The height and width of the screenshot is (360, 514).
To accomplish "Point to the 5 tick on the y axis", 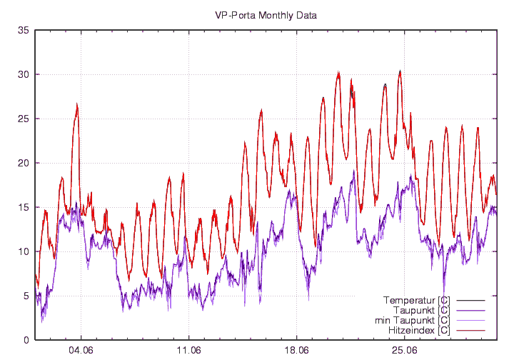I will coord(26,296).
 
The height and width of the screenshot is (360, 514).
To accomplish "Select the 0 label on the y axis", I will coord(26,340).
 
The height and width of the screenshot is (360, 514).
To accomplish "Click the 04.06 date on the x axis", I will coord(81,351).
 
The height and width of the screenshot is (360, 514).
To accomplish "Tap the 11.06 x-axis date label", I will coord(188,351).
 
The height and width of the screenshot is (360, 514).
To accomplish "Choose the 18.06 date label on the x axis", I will coord(296,351).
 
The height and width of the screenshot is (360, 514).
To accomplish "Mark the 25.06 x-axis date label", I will coord(404,351).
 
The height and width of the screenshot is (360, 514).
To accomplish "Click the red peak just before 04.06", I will coord(76,104).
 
